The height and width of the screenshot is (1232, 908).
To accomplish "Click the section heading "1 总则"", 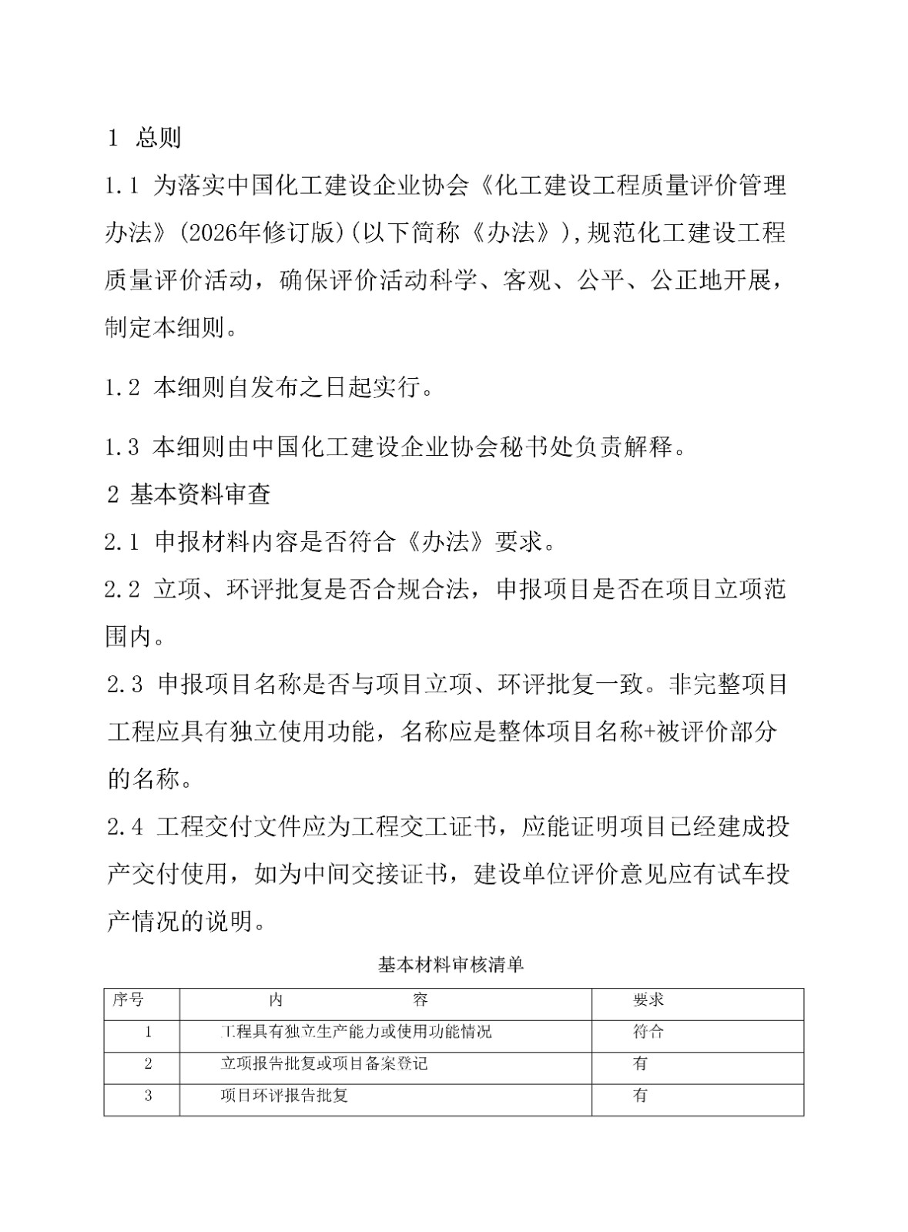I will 145,138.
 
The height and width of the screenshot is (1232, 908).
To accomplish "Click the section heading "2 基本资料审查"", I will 189,494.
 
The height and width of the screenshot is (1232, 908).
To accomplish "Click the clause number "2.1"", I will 122,542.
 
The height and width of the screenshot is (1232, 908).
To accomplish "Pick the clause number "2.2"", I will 122,590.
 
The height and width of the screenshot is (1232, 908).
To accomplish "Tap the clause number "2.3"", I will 125,685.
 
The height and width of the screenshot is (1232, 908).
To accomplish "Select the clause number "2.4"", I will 125,828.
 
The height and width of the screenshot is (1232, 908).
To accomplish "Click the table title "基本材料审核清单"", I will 451,964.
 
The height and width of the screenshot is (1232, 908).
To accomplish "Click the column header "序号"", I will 128,1000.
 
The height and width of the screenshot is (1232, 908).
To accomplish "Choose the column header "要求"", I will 648,1000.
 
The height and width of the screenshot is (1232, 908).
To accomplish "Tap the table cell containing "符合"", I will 648,1032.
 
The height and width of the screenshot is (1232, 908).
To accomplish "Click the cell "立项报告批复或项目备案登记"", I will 324,1064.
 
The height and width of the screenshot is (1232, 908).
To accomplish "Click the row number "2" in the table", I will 149,1064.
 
